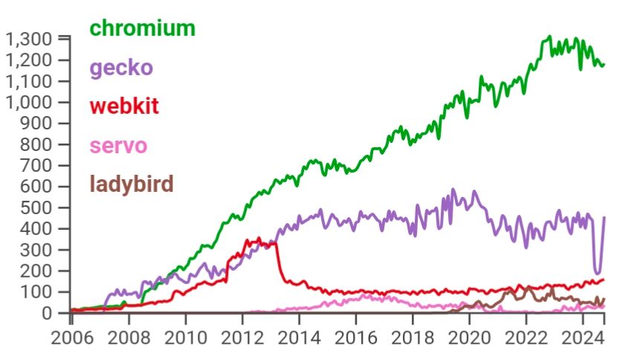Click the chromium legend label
(142, 28)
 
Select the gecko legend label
(120, 68)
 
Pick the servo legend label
(117, 145)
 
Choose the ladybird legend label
(131, 183)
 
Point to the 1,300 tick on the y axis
(29, 39)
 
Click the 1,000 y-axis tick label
(29, 102)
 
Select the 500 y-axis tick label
(38, 208)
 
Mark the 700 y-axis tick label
(38, 165)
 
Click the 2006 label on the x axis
(71, 338)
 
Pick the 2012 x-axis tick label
(242, 338)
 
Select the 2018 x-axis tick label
(413, 338)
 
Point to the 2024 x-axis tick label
(584, 338)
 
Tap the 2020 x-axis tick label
(470, 338)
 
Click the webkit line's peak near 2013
(259, 239)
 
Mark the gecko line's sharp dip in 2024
(597, 273)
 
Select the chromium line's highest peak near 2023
(549, 36)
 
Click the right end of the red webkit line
(603, 280)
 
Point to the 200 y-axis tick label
(38, 271)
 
